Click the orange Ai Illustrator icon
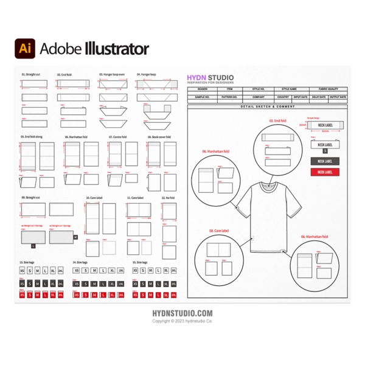tap(25, 48)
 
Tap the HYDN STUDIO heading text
tap(210, 78)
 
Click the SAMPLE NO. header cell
tap(202, 97)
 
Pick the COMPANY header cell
tap(259, 97)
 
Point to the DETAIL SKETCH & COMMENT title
tap(268, 106)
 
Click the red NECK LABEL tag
tap(325, 172)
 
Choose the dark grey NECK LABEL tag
tap(325, 161)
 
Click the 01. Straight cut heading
tap(30, 75)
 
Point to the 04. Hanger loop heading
tap(146, 75)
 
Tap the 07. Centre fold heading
tap(118, 137)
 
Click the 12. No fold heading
tap(168, 198)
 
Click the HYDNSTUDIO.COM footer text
tap(182, 313)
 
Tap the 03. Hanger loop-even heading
tap(112, 75)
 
